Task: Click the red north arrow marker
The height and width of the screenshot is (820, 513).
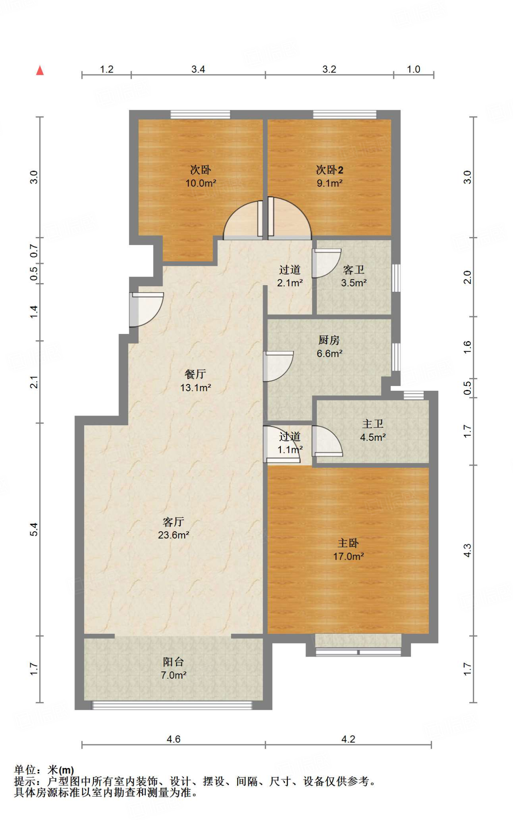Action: pyautogui.click(x=40, y=70)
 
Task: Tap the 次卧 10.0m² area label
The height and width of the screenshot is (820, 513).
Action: pyautogui.click(x=201, y=177)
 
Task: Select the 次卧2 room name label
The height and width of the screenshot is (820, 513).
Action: pyautogui.click(x=330, y=170)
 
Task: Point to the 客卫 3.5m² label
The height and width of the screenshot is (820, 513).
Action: pyautogui.click(x=354, y=276)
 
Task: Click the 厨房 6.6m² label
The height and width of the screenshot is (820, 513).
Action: pyautogui.click(x=329, y=347)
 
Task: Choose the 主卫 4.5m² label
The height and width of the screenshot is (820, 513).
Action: pyautogui.click(x=373, y=430)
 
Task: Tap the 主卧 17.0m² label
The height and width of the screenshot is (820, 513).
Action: pyautogui.click(x=348, y=549)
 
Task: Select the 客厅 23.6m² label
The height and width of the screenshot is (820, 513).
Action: pyautogui.click(x=173, y=528)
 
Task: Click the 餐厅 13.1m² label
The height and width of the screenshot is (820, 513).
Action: pyautogui.click(x=195, y=381)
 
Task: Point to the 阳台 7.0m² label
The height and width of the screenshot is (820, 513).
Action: pyautogui.click(x=173, y=668)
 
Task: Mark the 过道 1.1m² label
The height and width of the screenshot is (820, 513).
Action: pyautogui.click(x=290, y=443)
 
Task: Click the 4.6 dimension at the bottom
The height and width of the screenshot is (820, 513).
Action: pyautogui.click(x=173, y=739)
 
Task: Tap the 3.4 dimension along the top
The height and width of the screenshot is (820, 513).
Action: pyautogui.click(x=198, y=69)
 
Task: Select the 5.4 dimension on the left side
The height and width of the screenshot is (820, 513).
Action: pyautogui.click(x=34, y=529)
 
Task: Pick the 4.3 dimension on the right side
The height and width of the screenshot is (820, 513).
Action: pyautogui.click(x=467, y=551)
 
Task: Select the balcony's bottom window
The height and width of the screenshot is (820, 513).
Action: pyautogui.click(x=173, y=705)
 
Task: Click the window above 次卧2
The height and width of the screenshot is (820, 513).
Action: pyautogui.click(x=345, y=115)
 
